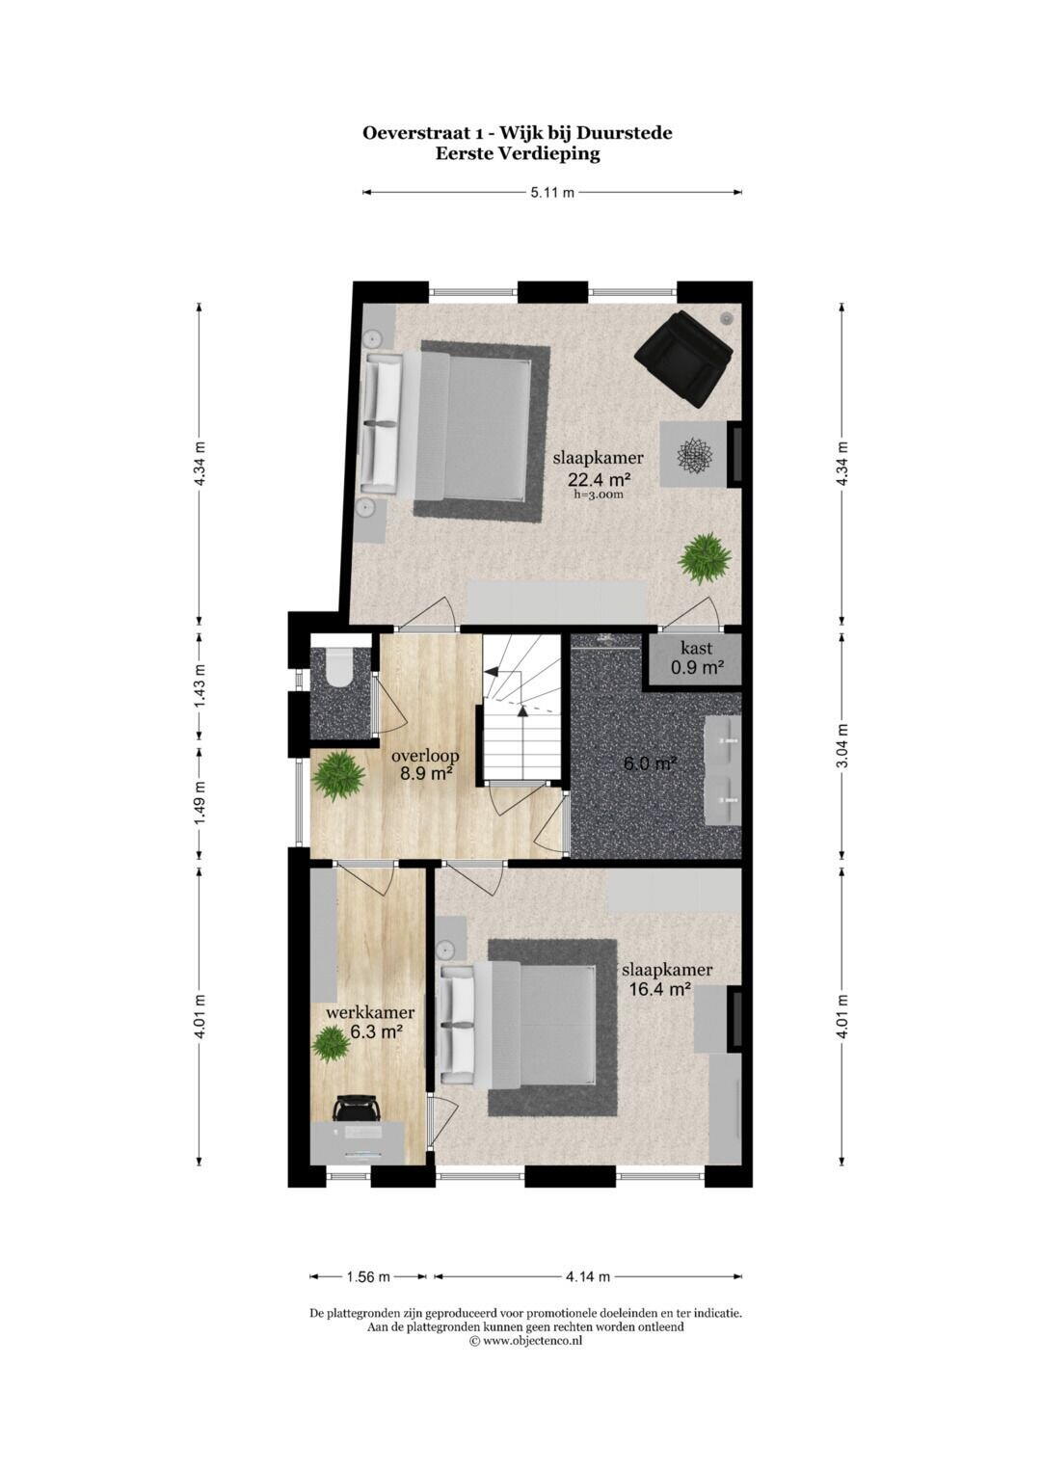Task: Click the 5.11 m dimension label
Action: pos(552,193)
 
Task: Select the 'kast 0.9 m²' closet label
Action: pos(696,657)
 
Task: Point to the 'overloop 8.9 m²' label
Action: pos(424,764)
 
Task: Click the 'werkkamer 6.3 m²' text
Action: pos(370,1022)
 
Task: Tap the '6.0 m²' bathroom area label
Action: pos(649,764)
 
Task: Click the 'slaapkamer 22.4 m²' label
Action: pos(598,468)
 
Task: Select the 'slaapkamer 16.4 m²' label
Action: pos(666,978)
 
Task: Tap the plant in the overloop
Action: pos(337,775)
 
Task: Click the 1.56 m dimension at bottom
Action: pos(368,1277)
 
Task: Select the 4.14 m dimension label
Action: pos(587,1277)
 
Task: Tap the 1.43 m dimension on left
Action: pos(200,687)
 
